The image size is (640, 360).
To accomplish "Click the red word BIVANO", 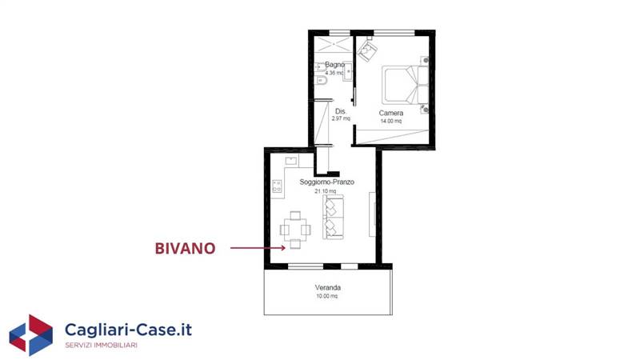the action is click(185, 249).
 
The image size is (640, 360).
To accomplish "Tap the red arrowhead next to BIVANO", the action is click(282, 248).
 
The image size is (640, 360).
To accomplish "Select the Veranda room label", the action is click(328, 287).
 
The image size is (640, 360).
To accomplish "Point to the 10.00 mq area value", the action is click(327, 296).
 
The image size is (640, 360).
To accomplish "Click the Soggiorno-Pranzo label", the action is click(326, 182).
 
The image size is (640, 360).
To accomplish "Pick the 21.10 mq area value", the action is click(326, 191).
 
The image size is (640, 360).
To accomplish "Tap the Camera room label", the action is click(391, 113).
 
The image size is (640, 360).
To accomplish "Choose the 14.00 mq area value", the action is click(391, 122).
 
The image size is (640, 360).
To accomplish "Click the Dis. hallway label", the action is click(341, 111).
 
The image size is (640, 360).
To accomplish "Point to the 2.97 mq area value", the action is click(341, 118).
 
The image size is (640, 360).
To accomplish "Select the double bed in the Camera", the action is click(406, 85).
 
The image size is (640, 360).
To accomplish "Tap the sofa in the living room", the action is click(333, 217).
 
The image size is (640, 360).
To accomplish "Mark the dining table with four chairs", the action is click(295, 230).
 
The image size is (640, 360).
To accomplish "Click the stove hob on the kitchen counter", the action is click(277, 186).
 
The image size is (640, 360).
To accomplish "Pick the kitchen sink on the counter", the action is click(291, 161).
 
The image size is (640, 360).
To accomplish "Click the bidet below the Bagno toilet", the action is click(321, 81).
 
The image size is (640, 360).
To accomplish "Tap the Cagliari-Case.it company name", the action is click(128, 330).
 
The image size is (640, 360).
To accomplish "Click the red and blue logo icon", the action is click(31, 334).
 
